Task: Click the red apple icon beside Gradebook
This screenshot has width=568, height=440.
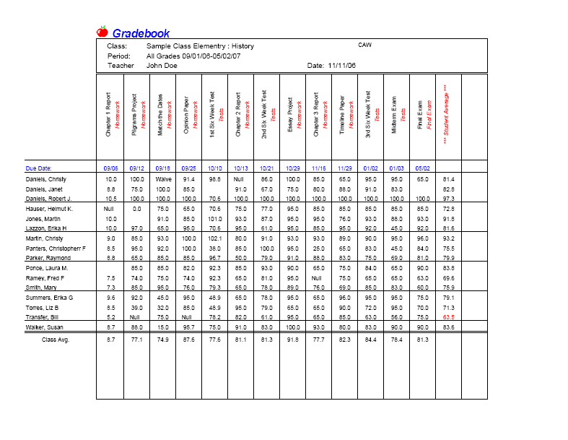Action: (102, 32)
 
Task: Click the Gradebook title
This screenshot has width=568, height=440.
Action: (141, 33)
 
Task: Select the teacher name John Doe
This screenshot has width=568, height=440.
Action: (162, 65)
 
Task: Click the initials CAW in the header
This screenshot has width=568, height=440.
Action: (364, 45)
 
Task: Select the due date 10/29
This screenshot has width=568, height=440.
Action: (292, 168)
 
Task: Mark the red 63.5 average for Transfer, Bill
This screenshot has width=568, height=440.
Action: (448, 316)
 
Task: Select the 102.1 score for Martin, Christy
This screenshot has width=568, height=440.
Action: (214, 238)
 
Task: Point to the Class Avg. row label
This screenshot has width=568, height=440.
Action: (56, 339)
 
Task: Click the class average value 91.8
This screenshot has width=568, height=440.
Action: (292, 339)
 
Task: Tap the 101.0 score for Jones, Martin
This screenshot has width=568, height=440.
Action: (214, 218)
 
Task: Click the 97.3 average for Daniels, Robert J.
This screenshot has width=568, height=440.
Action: (448, 198)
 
